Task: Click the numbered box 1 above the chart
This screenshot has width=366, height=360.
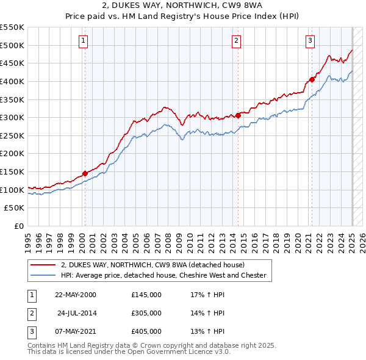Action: [82, 41]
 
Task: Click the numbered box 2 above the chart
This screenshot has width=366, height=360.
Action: [236, 41]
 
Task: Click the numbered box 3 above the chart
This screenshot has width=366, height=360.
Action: [310, 41]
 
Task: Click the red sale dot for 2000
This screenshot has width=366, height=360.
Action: [85, 173]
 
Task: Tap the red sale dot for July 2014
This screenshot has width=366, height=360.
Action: [238, 115]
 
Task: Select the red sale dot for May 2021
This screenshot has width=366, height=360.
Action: [312, 79]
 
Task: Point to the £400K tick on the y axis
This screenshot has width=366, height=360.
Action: [12, 81]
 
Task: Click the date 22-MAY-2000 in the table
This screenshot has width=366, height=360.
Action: [76, 295]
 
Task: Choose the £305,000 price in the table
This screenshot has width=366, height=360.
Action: [146, 313]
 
